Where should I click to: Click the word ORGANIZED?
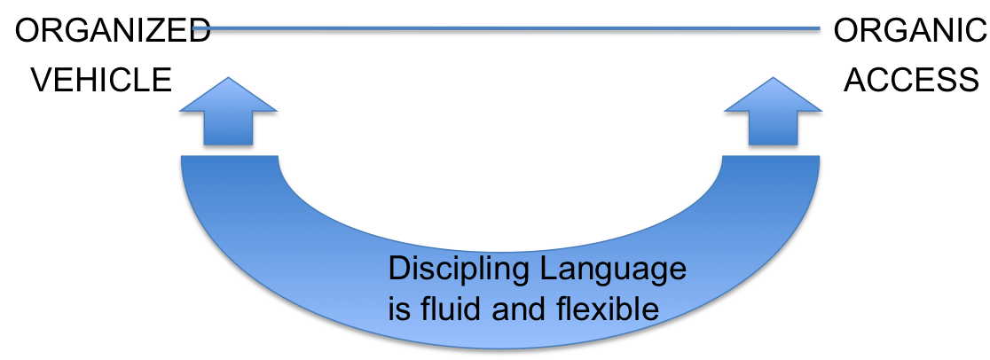pos(106,34)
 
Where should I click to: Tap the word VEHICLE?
pos(102,81)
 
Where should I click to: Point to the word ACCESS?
pos(911,81)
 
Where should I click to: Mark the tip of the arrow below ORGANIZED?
pos(229,77)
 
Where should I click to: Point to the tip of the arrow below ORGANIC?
pos(773,77)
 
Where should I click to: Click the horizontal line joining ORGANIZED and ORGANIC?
pos(506,34)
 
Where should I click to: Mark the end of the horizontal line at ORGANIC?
pos(820,34)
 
